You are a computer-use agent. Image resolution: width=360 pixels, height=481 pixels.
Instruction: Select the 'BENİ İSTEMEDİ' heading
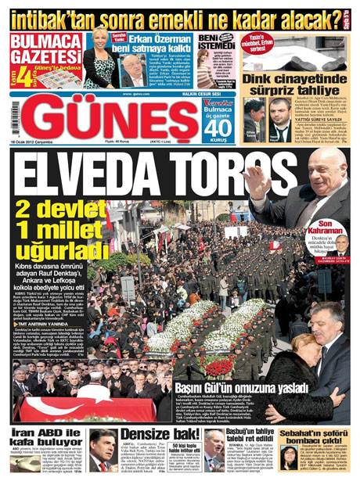[214, 44]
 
